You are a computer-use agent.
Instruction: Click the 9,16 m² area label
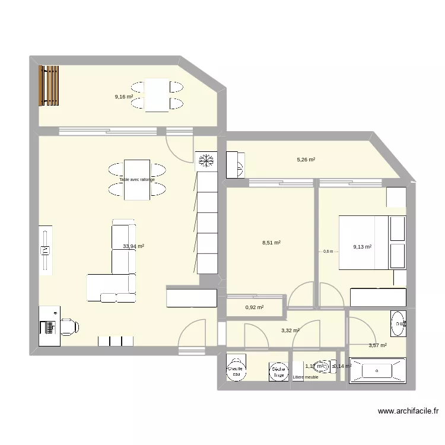point(123,96)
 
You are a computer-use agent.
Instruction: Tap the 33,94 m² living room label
point(133,246)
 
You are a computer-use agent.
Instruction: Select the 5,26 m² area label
point(306,160)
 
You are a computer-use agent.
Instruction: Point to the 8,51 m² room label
point(271,242)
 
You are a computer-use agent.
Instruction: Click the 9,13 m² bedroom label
point(362,247)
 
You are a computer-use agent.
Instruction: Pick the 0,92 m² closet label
point(254,307)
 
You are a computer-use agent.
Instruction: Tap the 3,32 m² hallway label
point(290,330)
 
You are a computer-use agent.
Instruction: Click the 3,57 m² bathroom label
point(377,345)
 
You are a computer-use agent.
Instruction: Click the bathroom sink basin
point(398,323)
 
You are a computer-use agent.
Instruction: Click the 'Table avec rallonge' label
point(137,180)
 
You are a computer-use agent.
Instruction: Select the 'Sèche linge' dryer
point(277,371)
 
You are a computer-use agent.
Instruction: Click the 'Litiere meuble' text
point(306,377)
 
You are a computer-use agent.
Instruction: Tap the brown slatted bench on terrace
point(49,85)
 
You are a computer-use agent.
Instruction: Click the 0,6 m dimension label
point(328,252)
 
